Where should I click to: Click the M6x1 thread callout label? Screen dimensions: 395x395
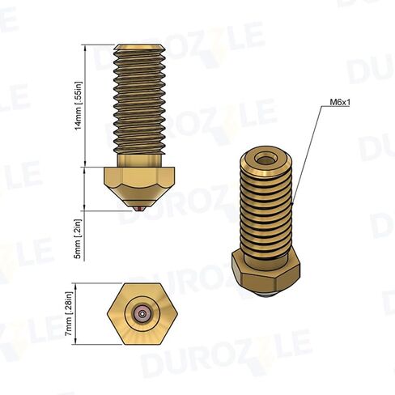[340, 103]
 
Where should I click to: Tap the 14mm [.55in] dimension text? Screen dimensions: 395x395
[78, 105]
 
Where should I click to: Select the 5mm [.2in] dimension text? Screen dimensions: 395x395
[78, 239]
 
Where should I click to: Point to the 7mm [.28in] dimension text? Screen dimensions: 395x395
[69, 314]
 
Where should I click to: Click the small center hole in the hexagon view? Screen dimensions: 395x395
[142, 314]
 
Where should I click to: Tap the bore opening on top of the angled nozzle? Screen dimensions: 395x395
[265, 160]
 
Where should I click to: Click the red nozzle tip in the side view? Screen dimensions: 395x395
[139, 210]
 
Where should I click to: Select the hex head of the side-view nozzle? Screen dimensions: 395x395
[139, 178]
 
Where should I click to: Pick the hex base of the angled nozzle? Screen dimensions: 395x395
[265, 273]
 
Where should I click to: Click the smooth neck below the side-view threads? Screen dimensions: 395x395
[139, 160]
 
